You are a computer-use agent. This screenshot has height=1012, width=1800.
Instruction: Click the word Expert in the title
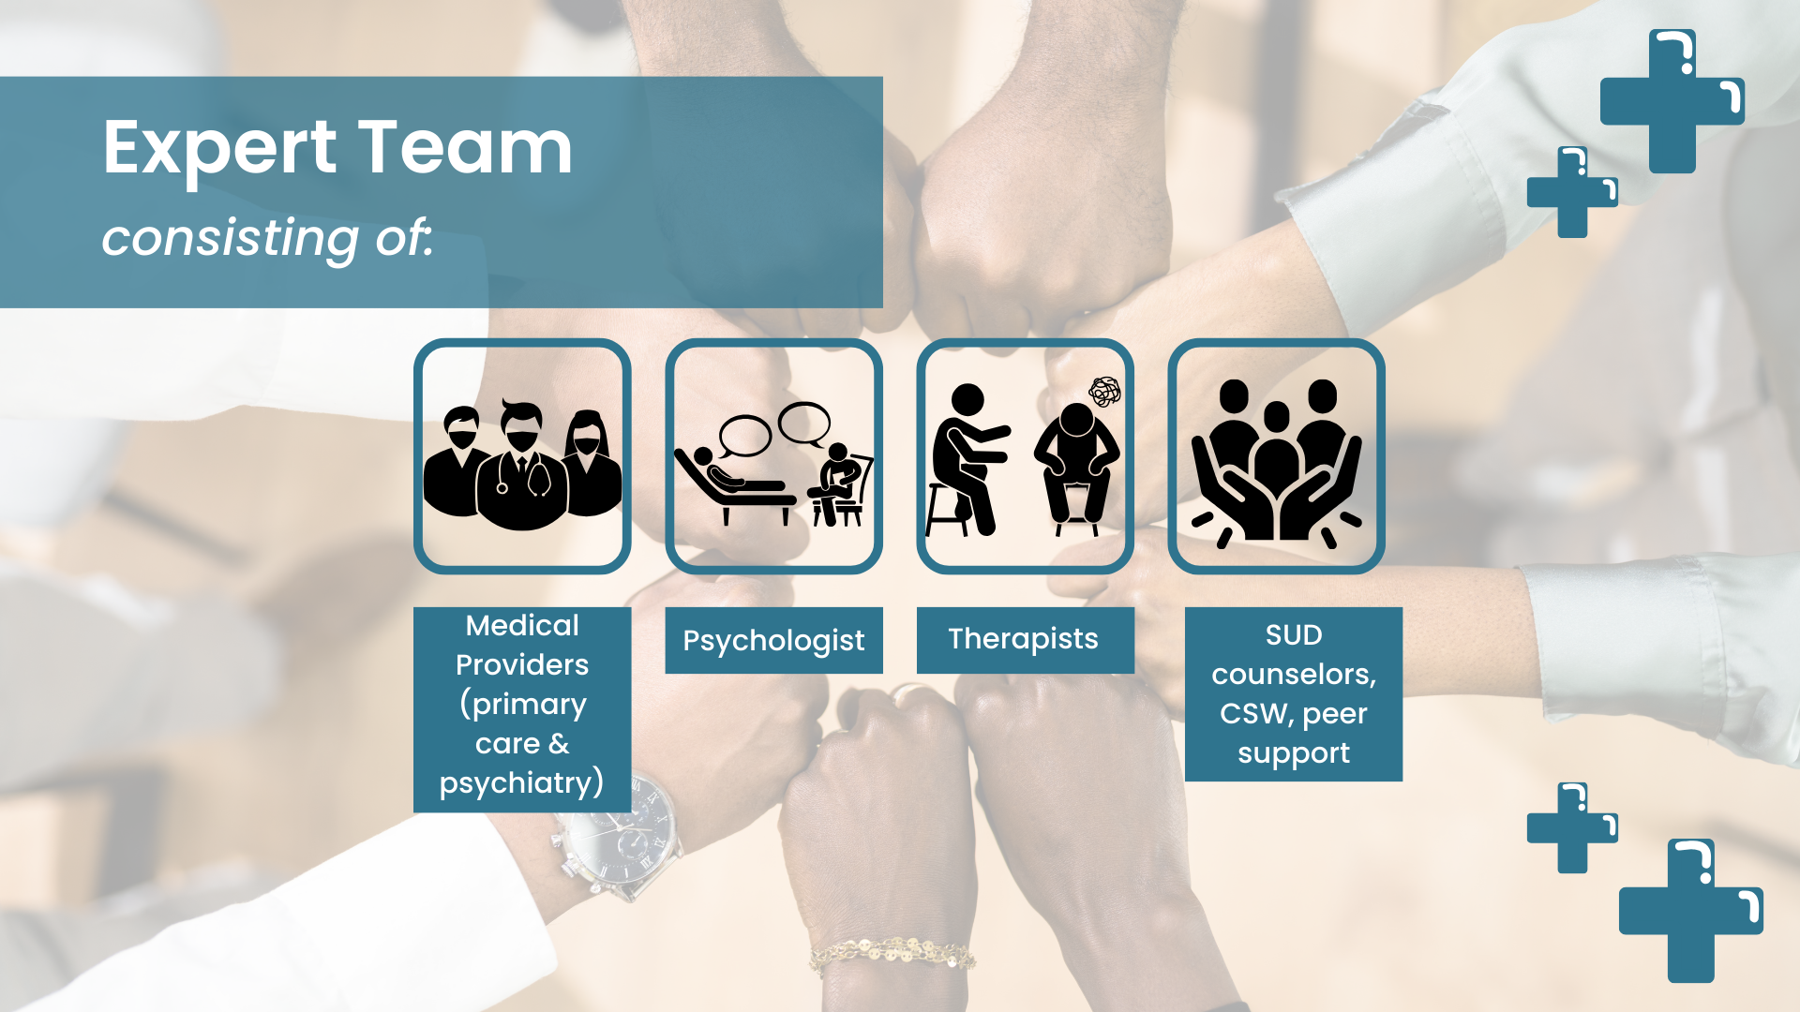(219, 148)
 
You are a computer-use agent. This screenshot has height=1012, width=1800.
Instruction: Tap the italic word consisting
(231, 237)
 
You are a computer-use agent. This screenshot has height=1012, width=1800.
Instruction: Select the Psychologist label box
(773, 640)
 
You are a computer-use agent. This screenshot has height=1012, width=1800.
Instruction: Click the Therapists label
(1024, 639)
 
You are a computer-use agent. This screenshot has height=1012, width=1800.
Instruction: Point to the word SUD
(1294, 634)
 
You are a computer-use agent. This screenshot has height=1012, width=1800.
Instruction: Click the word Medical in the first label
(522, 625)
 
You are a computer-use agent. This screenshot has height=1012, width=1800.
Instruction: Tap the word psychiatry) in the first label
(521, 782)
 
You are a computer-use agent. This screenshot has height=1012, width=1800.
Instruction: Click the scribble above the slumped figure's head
(1104, 391)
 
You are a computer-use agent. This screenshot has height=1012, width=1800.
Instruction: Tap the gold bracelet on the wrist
(891, 953)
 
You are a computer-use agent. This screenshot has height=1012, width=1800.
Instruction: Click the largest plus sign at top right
(1672, 101)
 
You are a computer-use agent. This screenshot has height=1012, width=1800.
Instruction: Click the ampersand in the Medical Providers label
(559, 744)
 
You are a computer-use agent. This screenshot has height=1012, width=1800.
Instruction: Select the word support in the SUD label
(1294, 752)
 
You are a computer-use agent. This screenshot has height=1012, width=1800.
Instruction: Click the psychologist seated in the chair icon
(837, 483)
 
